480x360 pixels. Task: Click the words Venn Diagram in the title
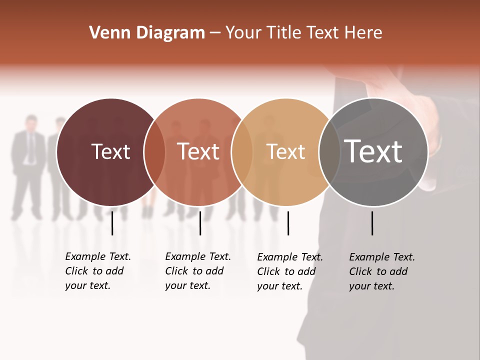pyautogui.click(x=147, y=33)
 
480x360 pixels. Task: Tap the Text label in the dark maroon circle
pyautogui.click(x=110, y=151)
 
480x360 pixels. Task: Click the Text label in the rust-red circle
pyautogui.click(x=198, y=151)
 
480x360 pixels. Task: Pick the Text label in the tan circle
pyautogui.click(x=285, y=151)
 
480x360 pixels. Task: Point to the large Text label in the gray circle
pyautogui.click(x=373, y=151)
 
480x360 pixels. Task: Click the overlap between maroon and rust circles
pyautogui.click(x=155, y=152)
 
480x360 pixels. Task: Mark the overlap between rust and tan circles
pyautogui.click(x=242, y=152)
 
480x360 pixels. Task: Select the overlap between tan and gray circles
pyautogui.click(x=327, y=152)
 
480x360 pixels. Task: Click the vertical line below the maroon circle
pyautogui.click(x=112, y=223)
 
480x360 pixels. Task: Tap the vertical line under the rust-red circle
pyautogui.click(x=200, y=223)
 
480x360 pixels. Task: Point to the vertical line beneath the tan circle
pyautogui.click(x=288, y=223)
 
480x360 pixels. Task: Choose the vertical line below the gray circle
pyautogui.click(x=372, y=223)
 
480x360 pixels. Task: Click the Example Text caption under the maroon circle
pyautogui.click(x=98, y=271)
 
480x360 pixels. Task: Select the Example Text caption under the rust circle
pyautogui.click(x=198, y=271)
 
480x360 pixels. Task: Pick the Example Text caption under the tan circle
pyautogui.click(x=290, y=271)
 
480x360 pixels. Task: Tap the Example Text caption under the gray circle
pyautogui.click(x=382, y=271)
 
